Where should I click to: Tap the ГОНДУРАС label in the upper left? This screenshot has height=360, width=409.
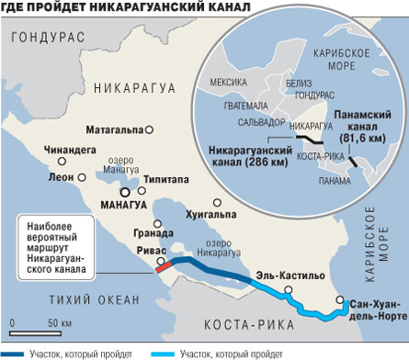click(44, 39)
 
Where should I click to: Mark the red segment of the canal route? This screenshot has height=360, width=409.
click(164, 265)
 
